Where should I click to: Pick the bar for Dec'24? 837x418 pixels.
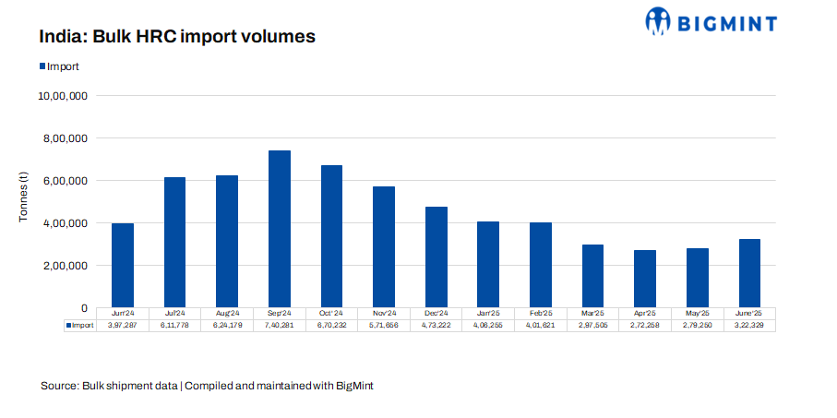[x=436, y=257]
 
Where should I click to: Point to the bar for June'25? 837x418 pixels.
[x=749, y=273]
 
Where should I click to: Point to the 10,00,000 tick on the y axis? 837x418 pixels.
[x=63, y=96]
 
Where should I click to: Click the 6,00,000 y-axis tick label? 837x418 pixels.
[x=63, y=181]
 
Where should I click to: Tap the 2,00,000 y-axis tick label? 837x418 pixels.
[x=63, y=266]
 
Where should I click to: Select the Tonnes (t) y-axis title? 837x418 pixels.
[x=25, y=202]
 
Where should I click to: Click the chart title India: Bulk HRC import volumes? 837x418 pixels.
[x=177, y=38]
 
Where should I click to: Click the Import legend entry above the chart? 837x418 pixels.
[x=58, y=66]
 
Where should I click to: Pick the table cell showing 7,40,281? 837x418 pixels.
[x=280, y=326]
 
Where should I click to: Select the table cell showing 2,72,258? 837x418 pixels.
[x=645, y=326]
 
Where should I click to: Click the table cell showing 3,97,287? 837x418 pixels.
[x=123, y=326]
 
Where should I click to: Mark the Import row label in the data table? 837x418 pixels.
[x=80, y=326]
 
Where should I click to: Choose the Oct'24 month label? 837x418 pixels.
[x=331, y=314]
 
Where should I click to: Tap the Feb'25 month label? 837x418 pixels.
[x=541, y=314]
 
